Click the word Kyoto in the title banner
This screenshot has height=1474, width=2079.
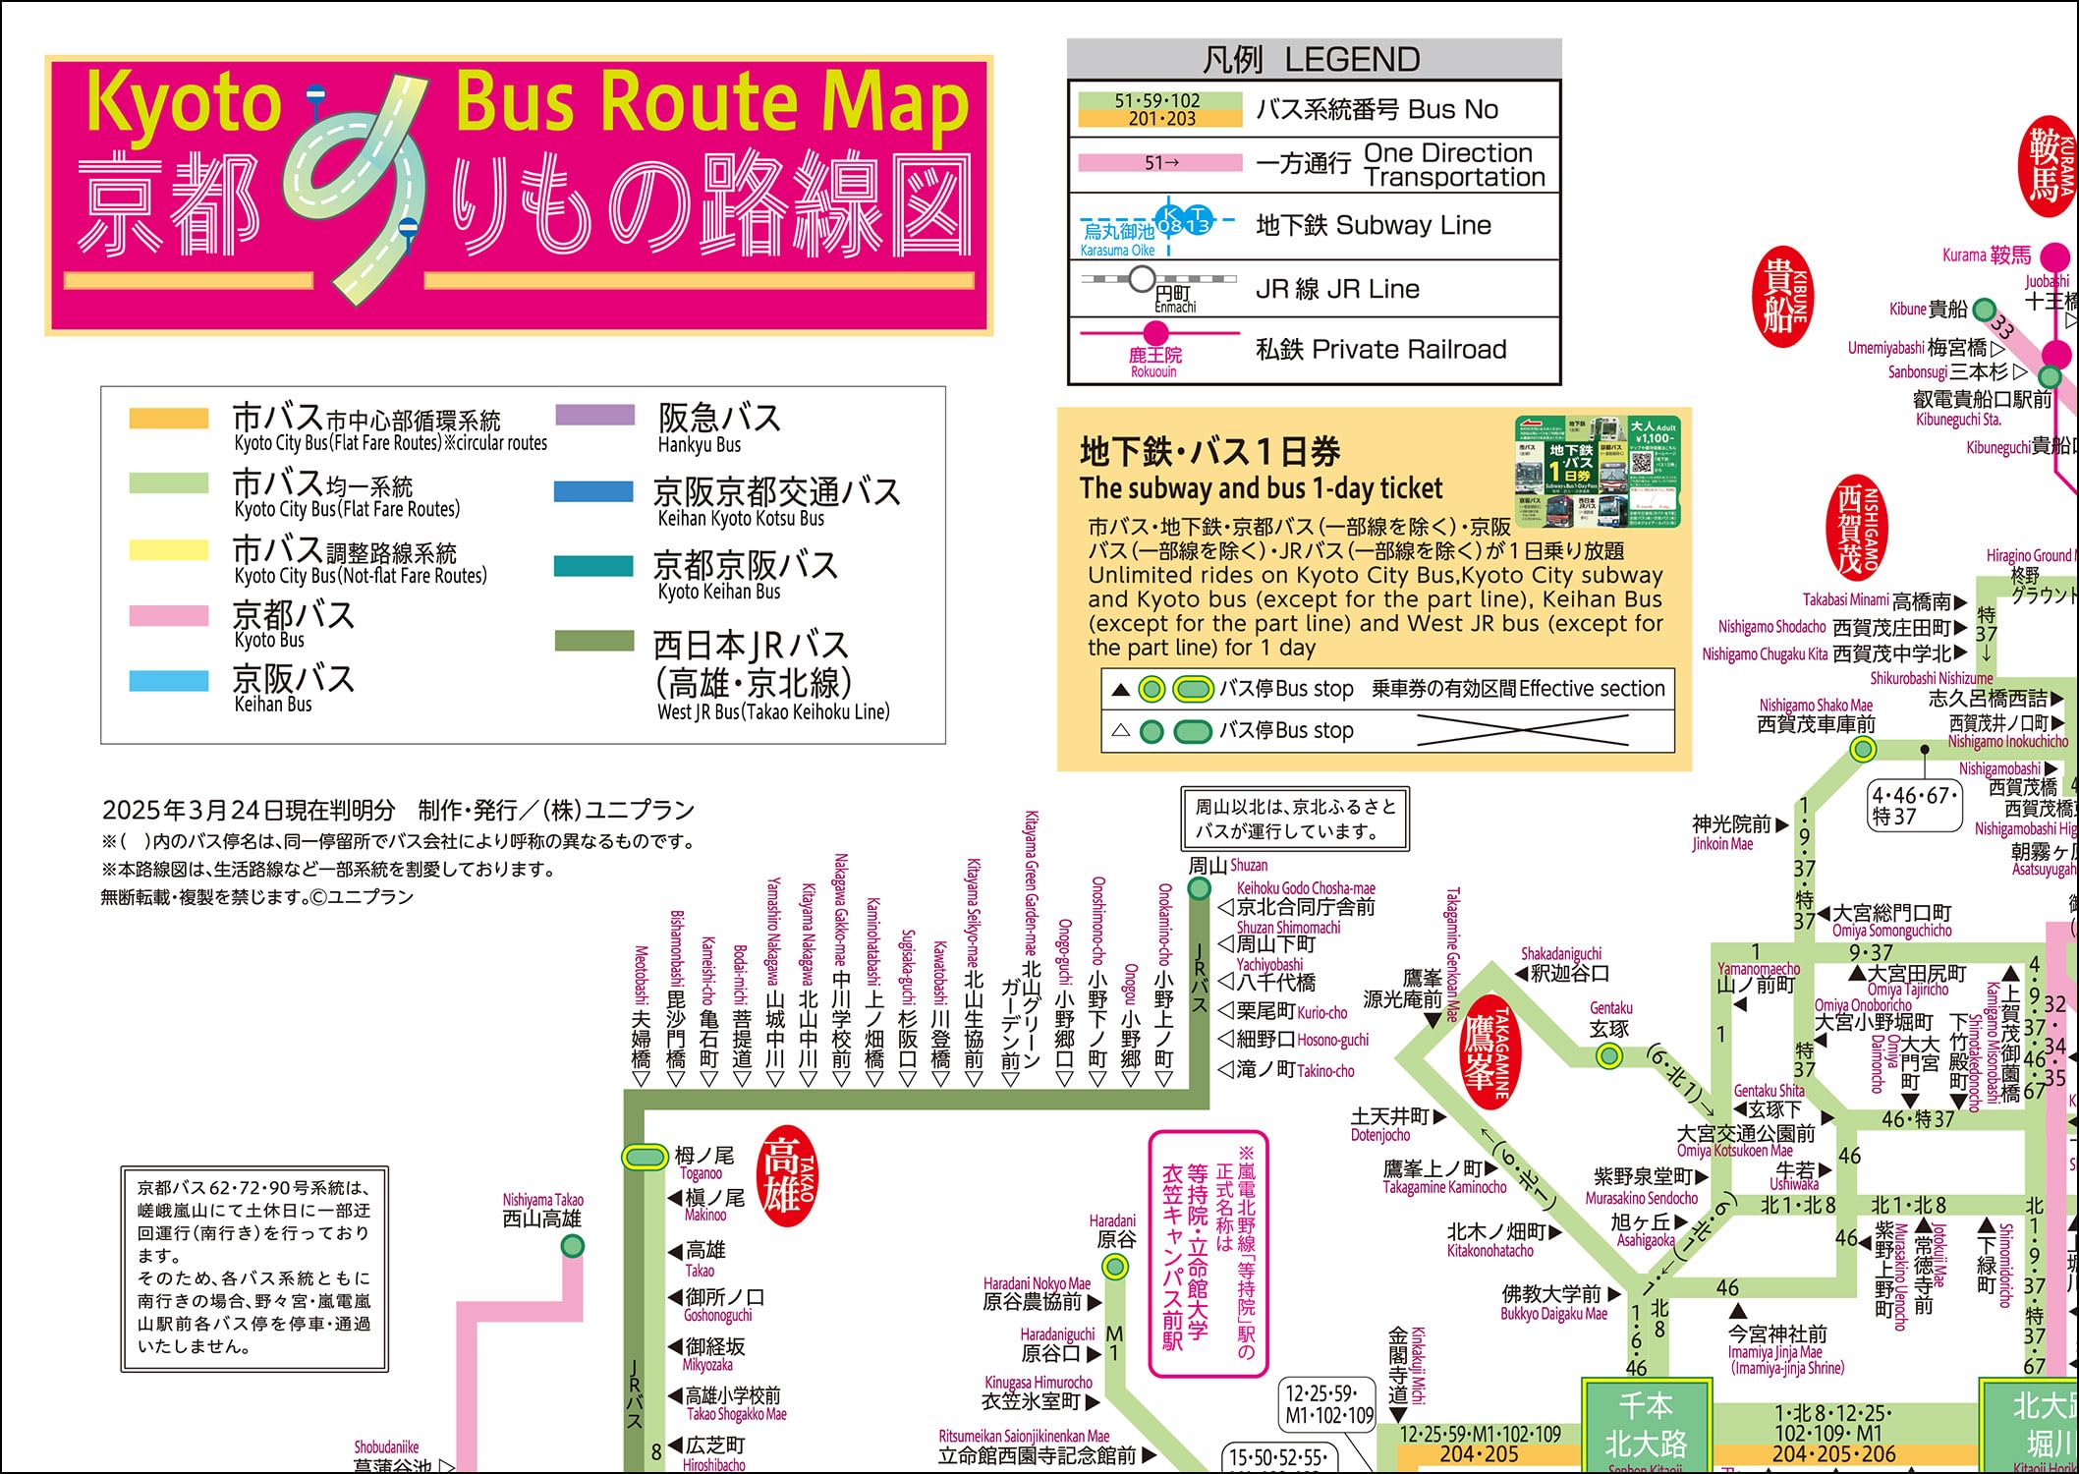click(185, 103)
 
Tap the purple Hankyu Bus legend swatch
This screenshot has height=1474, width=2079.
click(594, 416)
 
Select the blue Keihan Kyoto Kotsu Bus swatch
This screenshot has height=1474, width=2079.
click(593, 490)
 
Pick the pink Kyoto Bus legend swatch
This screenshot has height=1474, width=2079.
click(169, 615)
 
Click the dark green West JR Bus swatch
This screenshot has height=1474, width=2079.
click(593, 641)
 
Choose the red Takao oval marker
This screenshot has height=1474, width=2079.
click(788, 1181)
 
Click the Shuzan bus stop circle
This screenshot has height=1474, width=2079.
click(1200, 888)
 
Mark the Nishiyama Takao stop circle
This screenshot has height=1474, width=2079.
click(572, 1246)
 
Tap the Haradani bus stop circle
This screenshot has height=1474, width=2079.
click(1115, 1267)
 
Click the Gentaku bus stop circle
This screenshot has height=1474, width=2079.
click(1608, 1056)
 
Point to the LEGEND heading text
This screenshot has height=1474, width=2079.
click(1313, 60)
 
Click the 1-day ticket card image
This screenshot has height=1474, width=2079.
click(1596, 471)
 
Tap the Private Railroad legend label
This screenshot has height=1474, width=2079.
click(1380, 349)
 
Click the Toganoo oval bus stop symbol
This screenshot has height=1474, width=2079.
click(645, 1157)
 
